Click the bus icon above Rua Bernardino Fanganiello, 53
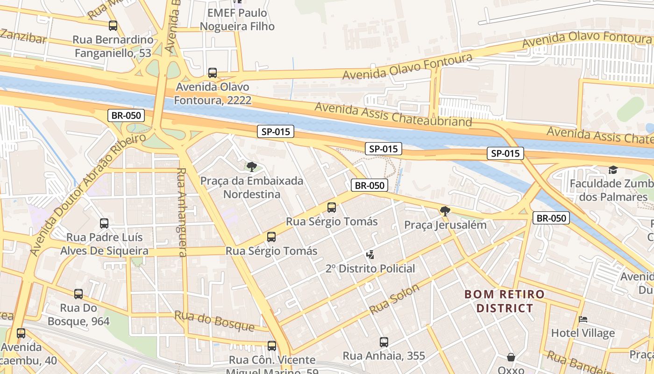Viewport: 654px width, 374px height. (x=113, y=26)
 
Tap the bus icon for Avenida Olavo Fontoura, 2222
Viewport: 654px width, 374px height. (x=213, y=73)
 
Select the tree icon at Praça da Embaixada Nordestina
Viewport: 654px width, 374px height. (x=252, y=166)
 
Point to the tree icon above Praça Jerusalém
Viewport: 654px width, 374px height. (x=445, y=211)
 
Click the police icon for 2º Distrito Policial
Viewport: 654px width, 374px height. (x=370, y=255)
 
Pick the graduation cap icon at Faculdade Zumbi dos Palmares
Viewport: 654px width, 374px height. (x=613, y=170)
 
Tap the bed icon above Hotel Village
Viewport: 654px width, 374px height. (x=583, y=319)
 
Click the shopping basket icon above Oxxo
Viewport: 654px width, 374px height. (x=511, y=357)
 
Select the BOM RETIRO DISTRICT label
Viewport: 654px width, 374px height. (x=504, y=301)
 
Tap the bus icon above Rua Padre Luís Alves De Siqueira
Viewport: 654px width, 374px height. (x=104, y=223)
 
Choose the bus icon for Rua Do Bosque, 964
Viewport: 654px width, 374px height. (x=78, y=294)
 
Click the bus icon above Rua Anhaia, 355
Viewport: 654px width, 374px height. (x=384, y=342)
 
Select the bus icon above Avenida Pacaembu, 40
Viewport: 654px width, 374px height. (x=21, y=333)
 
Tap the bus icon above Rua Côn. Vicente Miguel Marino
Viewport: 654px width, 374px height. (x=272, y=346)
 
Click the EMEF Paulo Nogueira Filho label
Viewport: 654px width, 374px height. (x=237, y=20)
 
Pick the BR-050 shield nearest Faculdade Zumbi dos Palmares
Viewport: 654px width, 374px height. (x=551, y=218)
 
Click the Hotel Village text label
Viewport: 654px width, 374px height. (x=583, y=333)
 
